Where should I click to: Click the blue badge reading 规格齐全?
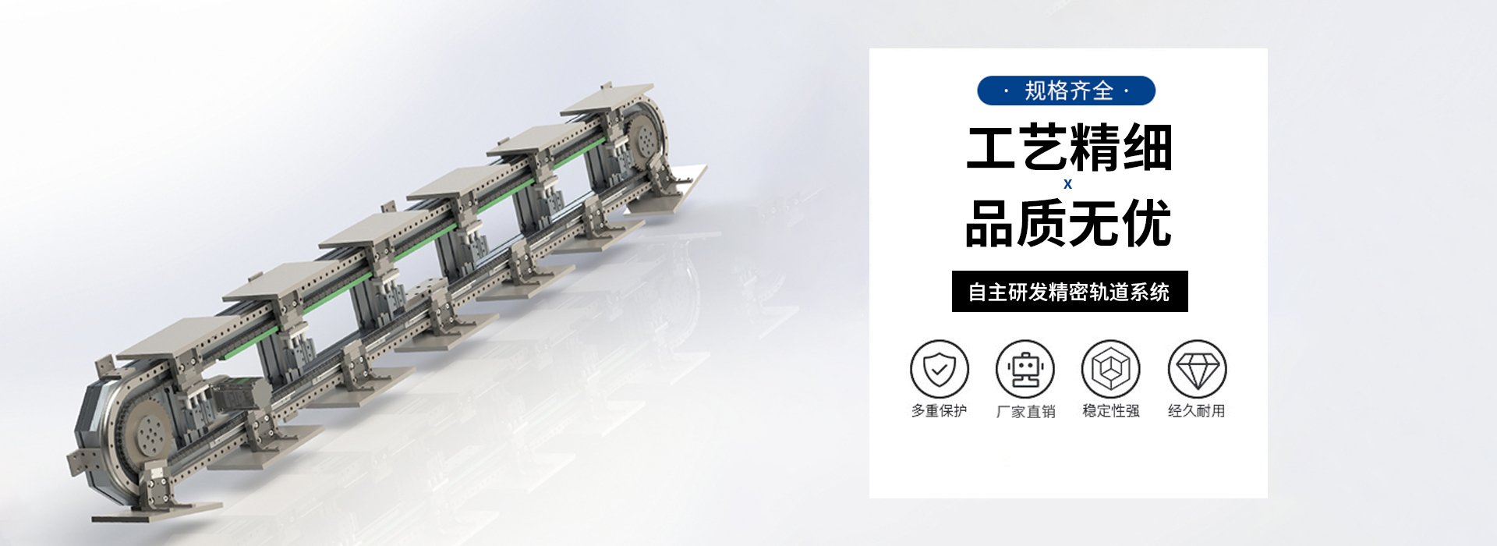1066,90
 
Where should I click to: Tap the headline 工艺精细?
1069,147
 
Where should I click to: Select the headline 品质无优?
1068,223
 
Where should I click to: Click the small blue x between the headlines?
1067,184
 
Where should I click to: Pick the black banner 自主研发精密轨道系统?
1070,292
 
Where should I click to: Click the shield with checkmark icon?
940,369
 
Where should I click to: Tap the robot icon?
1025,369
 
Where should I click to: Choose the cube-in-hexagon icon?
1110,369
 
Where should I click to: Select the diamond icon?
1197,369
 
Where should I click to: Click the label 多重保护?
940,411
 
